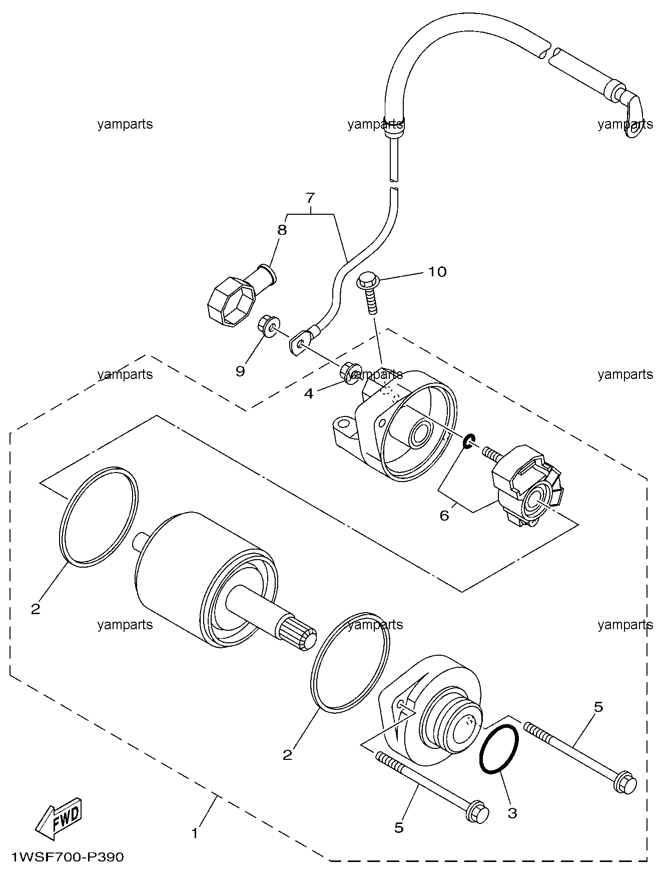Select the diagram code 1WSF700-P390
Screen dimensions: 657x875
pos(68,856)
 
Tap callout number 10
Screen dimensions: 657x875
pos(437,272)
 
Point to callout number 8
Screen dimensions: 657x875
pos(282,230)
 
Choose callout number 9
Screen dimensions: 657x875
pos(240,371)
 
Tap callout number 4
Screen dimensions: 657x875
pos(309,394)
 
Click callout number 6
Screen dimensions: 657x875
pos(444,515)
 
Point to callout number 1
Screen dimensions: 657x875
pos(195,833)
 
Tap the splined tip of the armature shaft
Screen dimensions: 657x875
pos(298,634)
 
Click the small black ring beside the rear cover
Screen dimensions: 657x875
pos(469,442)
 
